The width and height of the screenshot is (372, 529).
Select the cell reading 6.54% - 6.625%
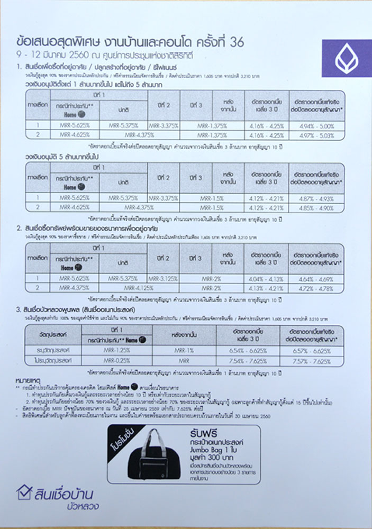[x=251, y=351]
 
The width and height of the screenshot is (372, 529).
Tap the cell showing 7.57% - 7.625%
[x=317, y=360]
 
